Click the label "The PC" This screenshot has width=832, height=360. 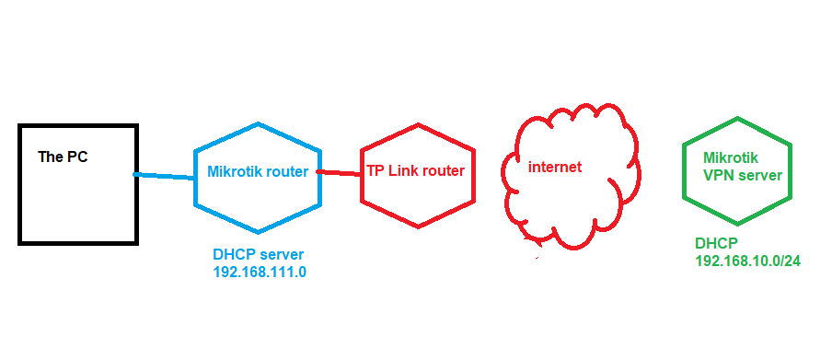(x=63, y=157)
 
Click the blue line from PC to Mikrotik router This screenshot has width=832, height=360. (x=166, y=176)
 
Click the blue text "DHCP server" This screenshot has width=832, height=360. (x=258, y=255)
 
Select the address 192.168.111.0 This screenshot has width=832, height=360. (x=260, y=273)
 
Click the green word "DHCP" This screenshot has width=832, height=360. (x=715, y=244)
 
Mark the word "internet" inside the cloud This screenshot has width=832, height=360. (x=554, y=168)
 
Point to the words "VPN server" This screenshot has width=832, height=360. (x=742, y=174)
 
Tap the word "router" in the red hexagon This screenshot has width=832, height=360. (x=445, y=171)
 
